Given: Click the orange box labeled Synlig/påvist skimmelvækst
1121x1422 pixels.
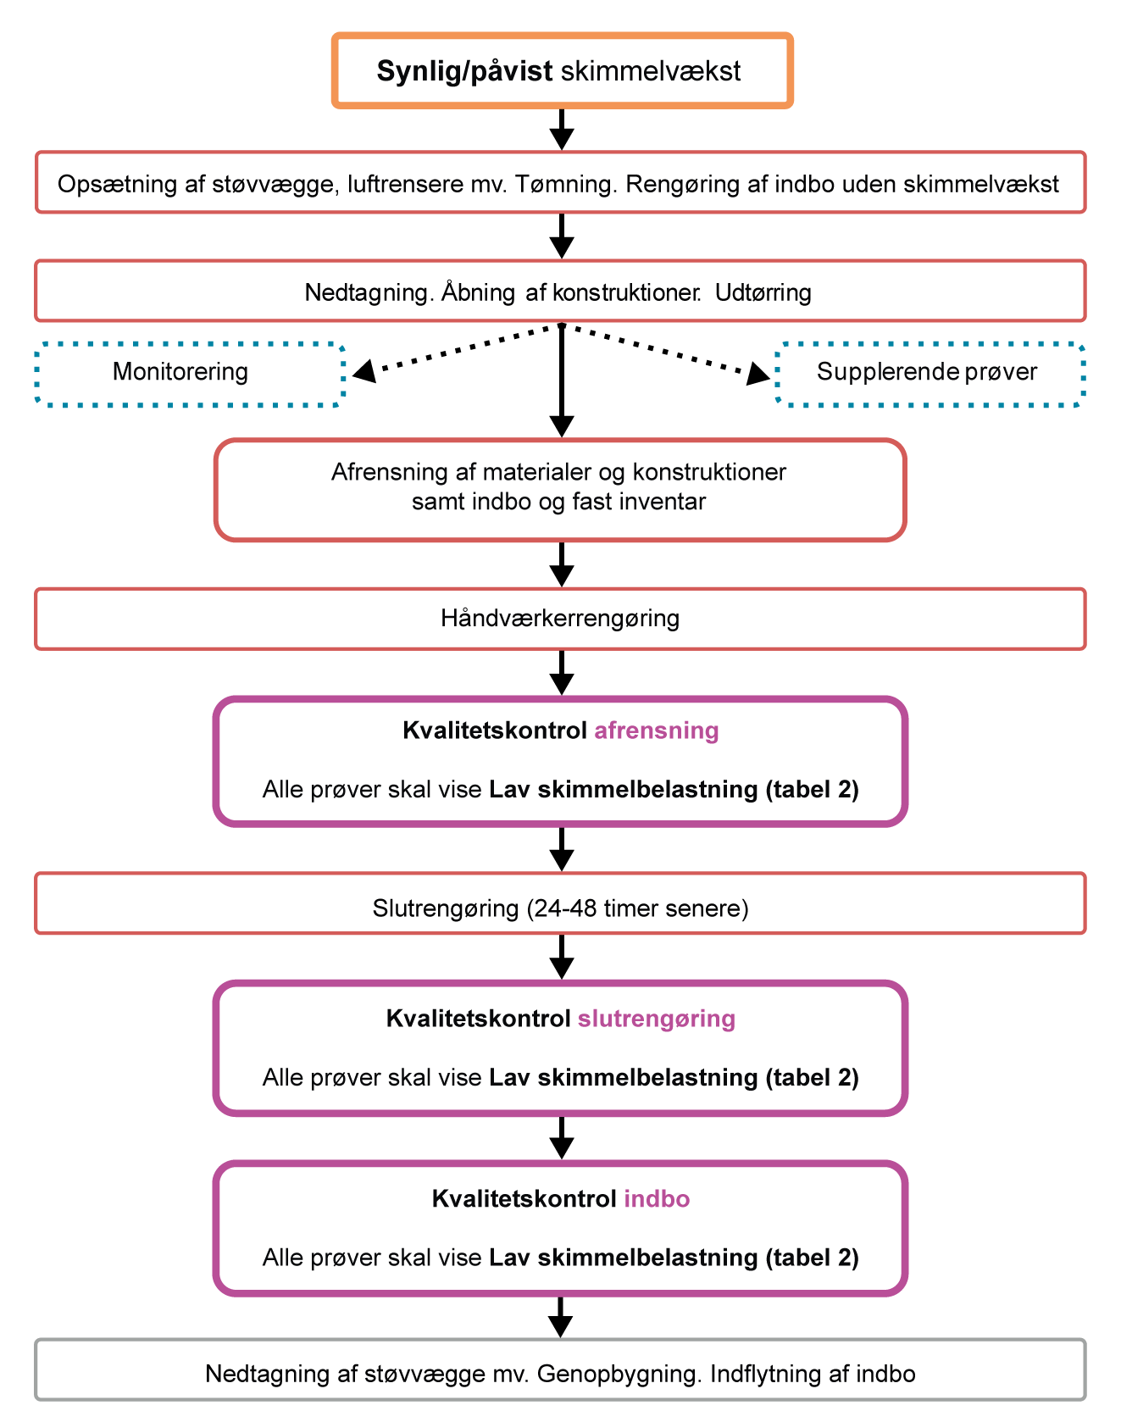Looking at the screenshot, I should (562, 70).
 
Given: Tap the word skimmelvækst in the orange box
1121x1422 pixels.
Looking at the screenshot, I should (651, 71).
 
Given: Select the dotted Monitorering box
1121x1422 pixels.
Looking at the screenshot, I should (190, 374).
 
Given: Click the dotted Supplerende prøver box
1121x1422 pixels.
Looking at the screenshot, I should (930, 374).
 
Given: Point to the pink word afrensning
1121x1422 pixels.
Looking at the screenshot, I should (657, 730).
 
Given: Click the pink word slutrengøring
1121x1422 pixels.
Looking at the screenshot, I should (657, 1019).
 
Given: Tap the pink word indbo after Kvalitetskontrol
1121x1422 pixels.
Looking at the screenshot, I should (657, 1199).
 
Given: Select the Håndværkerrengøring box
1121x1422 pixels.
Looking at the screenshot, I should (560, 619).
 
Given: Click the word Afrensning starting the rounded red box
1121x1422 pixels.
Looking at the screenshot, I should (376, 472).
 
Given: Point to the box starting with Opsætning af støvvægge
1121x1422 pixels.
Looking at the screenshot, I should (560, 183).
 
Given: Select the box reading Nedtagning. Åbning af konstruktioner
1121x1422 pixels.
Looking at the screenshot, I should (560, 291).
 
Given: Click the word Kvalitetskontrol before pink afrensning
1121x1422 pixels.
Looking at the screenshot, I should (496, 730).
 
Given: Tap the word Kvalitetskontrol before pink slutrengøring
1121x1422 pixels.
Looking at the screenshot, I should (479, 1019).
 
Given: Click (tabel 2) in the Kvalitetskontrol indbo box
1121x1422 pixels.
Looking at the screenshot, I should (812, 1258).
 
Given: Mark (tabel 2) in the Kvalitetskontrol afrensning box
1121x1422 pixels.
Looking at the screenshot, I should (812, 790).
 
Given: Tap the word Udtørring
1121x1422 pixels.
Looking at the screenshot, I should (763, 293).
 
